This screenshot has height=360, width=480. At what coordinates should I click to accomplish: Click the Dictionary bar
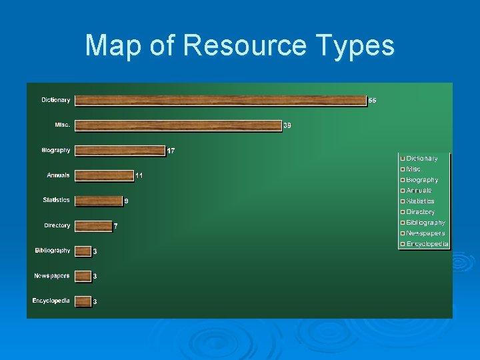click(x=221, y=100)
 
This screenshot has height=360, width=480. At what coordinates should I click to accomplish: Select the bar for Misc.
click(x=178, y=125)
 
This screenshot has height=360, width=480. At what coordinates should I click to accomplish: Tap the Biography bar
click(x=120, y=151)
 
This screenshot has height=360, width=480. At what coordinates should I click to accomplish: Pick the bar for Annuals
click(x=104, y=175)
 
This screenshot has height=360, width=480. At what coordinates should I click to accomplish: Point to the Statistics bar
click(x=98, y=201)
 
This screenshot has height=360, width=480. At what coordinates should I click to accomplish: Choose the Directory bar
click(x=93, y=226)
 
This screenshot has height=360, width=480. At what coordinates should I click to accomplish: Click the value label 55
click(x=373, y=101)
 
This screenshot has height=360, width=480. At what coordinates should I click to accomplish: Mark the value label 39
click(x=287, y=125)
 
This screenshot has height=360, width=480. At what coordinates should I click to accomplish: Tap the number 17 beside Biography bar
click(x=171, y=151)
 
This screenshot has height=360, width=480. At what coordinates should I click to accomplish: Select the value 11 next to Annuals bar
click(x=139, y=175)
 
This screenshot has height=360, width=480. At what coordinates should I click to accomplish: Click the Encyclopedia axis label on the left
click(x=51, y=301)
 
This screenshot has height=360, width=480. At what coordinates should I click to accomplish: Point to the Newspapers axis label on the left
click(x=52, y=275)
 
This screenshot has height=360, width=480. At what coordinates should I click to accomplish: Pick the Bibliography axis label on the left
click(x=52, y=251)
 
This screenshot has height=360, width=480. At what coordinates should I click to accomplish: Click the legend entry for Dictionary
click(x=422, y=159)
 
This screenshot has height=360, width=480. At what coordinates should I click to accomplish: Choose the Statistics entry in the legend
click(x=420, y=201)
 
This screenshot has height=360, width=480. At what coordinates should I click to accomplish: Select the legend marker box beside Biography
click(x=403, y=180)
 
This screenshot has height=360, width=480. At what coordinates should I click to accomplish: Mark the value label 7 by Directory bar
click(x=115, y=226)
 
